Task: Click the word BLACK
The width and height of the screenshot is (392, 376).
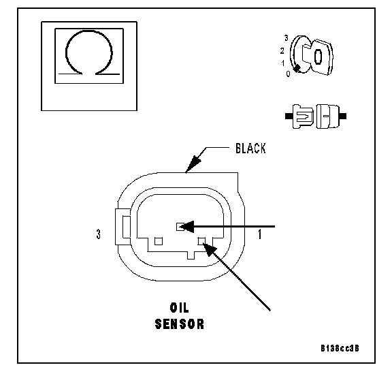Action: pyautogui.click(x=250, y=148)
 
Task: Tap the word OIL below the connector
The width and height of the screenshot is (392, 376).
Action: pyautogui.click(x=179, y=308)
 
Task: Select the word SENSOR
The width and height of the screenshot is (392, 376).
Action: pyautogui.click(x=179, y=324)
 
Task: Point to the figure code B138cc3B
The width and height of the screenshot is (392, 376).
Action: pyautogui.click(x=340, y=348)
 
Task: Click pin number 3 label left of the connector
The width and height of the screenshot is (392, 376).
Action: pyautogui.click(x=99, y=234)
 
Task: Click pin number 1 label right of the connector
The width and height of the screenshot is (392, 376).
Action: pyautogui.click(x=260, y=234)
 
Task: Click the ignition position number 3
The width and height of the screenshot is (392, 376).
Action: pyautogui.click(x=287, y=38)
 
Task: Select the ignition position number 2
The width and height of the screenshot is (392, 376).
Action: pyautogui.click(x=282, y=51)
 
